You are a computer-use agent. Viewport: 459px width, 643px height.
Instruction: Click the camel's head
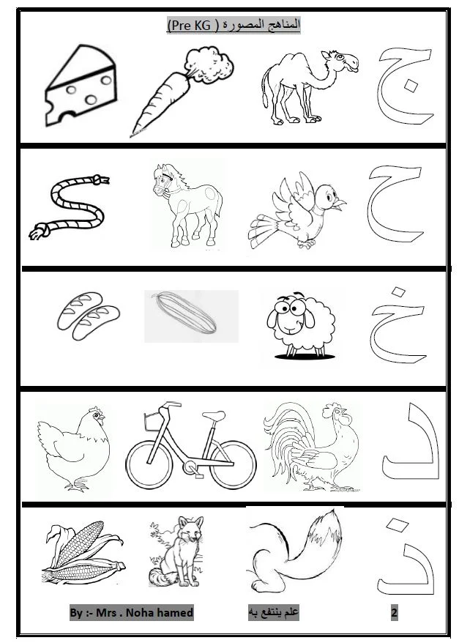(x=340, y=61)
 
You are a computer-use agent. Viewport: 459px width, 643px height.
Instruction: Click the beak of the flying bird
(x=340, y=204)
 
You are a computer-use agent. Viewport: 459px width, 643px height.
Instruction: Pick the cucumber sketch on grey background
(x=184, y=315)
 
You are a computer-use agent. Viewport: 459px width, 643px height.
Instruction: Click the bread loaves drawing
(x=88, y=316)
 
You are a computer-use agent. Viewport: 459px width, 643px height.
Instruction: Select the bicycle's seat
(x=214, y=415)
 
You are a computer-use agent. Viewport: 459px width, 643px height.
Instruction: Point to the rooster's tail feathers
(x=287, y=431)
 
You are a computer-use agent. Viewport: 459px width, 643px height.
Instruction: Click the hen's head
(x=95, y=415)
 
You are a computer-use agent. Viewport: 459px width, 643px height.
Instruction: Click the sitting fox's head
(x=190, y=529)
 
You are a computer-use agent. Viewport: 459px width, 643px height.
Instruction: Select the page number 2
(x=395, y=613)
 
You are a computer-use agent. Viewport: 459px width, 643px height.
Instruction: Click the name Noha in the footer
(x=139, y=613)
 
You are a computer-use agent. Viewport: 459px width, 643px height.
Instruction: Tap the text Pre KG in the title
(x=190, y=26)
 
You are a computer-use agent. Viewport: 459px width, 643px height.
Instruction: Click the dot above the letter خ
(x=398, y=291)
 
